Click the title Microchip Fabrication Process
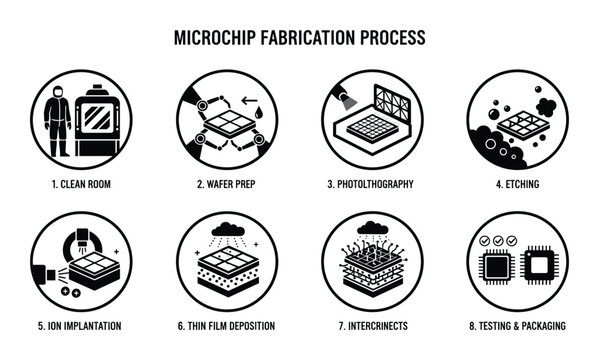pyautogui.click(x=300, y=37)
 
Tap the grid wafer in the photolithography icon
pyautogui.click(x=372, y=127)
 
